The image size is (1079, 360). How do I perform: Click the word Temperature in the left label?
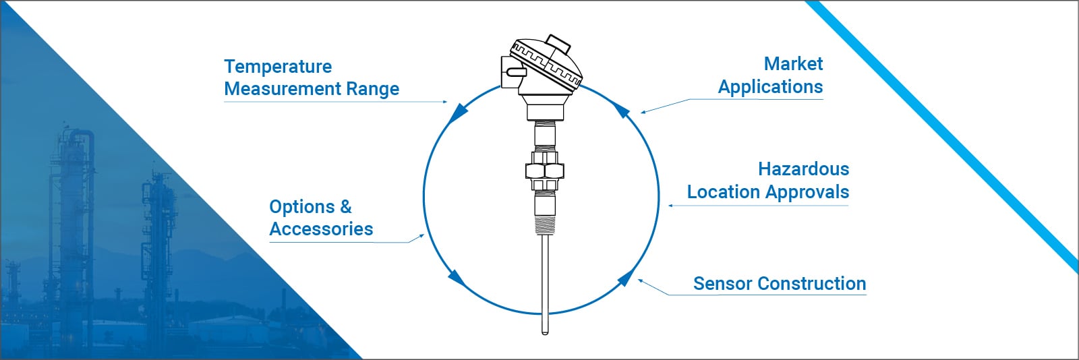coord(278,67)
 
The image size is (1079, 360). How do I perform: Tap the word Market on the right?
coord(793,64)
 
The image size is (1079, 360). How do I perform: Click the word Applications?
coord(770,87)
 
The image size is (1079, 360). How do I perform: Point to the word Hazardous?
coord(803,169)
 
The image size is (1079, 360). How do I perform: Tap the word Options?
coord(301,207)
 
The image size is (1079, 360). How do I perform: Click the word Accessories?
coord(321,229)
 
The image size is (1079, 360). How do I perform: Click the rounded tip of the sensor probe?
coord(545,330)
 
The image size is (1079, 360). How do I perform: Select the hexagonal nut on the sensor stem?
coord(544,169)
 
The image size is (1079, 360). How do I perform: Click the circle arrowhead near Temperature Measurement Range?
coord(459,112)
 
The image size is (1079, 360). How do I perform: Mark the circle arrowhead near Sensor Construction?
coord(626,277)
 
